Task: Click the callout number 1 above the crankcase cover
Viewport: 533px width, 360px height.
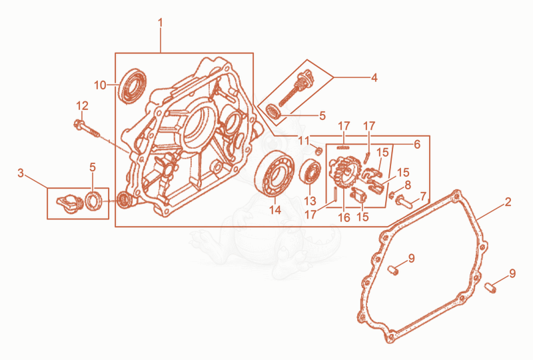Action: click(160, 23)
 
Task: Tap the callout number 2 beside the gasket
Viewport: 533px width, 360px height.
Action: click(508, 202)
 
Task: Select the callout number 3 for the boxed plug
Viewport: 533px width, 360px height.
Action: click(21, 173)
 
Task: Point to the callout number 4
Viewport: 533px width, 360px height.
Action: click(374, 77)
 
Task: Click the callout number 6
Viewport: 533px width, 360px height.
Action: click(417, 145)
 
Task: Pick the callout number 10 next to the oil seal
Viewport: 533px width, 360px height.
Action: click(101, 85)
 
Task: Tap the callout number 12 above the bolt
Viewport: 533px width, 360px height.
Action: click(82, 106)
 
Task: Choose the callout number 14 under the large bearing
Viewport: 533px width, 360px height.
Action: click(275, 210)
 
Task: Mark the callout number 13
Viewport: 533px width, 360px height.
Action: click(310, 201)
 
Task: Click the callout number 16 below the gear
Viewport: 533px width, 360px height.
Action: click(344, 217)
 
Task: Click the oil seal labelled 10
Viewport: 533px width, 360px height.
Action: click(132, 86)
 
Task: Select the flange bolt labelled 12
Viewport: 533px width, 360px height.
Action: click(87, 128)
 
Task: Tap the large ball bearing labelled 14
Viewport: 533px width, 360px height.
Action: click(274, 173)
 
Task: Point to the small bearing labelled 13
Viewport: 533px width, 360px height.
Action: click(310, 172)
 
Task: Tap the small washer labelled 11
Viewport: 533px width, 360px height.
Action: click(318, 151)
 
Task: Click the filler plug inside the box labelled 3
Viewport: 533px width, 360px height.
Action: click(71, 203)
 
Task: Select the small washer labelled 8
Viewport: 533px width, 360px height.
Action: click(391, 195)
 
